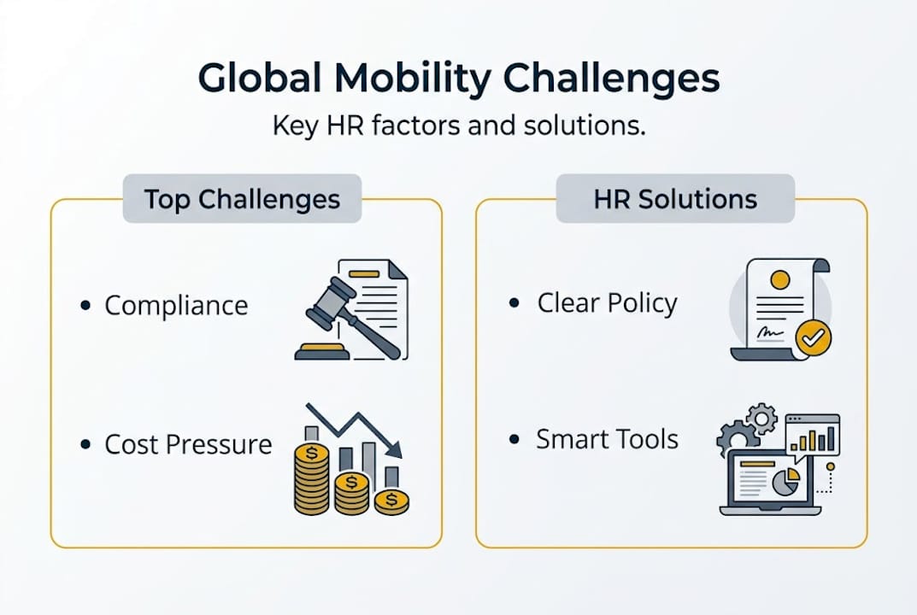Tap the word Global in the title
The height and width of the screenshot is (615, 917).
(259, 79)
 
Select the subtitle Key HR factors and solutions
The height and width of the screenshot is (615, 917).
(458, 127)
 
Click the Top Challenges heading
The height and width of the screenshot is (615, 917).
(242, 199)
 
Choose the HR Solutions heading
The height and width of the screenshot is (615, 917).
(675, 199)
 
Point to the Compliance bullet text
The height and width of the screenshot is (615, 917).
(176, 306)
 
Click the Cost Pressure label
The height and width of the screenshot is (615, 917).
(188, 444)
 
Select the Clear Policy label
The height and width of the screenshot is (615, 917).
(607, 303)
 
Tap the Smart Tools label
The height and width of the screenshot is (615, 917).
(607, 440)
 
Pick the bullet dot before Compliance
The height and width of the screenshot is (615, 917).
(85, 305)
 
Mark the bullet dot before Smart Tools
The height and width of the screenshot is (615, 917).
(514, 440)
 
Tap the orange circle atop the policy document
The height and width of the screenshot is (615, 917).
(779, 279)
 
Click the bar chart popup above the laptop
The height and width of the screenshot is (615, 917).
(813, 434)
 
